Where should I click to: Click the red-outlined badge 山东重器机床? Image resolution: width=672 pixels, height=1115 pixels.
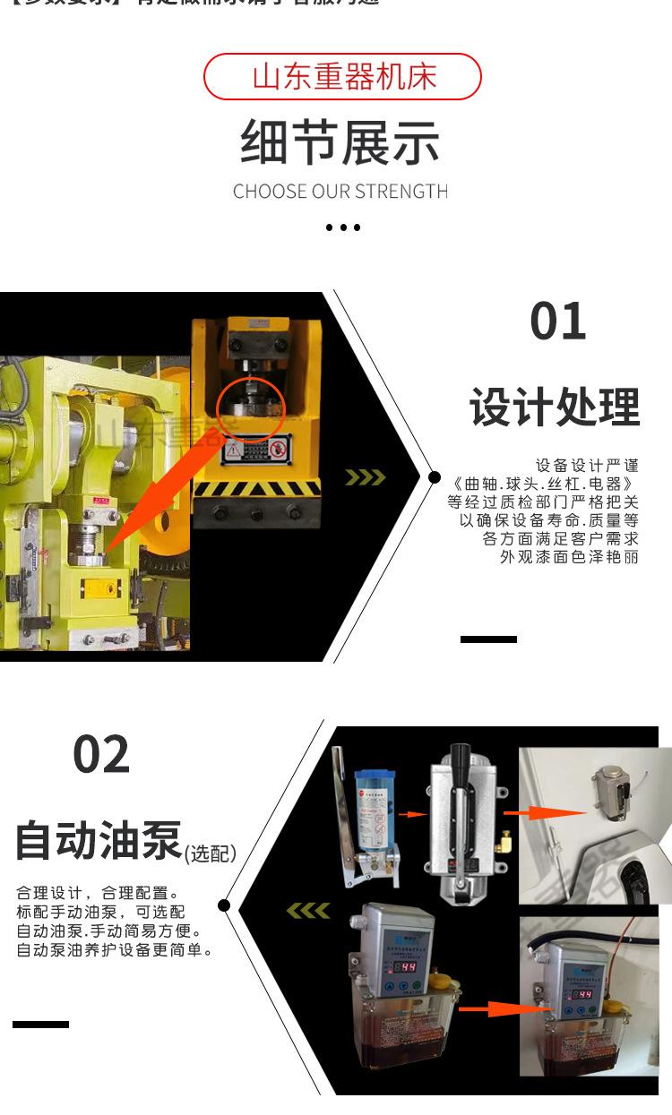tap(342, 77)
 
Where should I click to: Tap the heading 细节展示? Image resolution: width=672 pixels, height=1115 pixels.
tap(340, 143)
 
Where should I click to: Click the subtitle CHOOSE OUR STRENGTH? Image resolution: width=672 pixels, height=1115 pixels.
tap(340, 192)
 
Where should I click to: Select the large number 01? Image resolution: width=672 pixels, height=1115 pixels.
tap(557, 322)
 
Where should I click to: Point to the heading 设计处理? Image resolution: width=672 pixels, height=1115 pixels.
tap(555, 407)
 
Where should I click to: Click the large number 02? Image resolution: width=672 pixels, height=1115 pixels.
tap(101, 754)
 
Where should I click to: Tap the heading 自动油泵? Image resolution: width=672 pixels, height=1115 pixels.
tap(99, 841)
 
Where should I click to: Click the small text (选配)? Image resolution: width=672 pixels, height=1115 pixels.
tap(211, 853)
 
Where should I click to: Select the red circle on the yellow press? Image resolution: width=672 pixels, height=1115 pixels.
tap(248, 408)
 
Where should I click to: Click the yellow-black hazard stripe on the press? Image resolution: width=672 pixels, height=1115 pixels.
tap(257, 489)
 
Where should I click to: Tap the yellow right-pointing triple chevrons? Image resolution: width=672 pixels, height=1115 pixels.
tap(365, 477)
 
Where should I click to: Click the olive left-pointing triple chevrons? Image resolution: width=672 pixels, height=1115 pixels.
tap(307, 911)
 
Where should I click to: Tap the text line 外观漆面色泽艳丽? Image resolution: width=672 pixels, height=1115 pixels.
tap(569, 557)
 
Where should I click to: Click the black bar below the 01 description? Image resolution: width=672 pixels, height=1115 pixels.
tap(488, 639)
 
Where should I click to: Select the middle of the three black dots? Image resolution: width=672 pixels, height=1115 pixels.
tap(342, 227)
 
